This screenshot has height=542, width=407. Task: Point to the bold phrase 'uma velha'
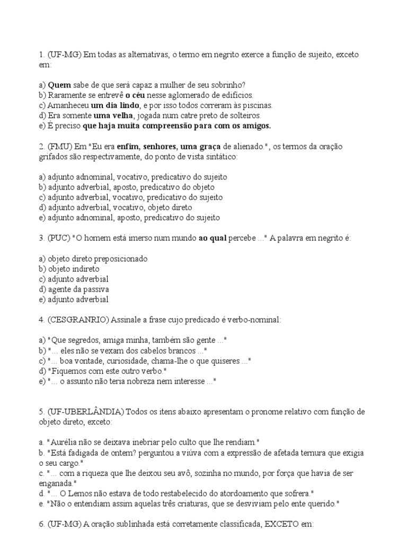113,115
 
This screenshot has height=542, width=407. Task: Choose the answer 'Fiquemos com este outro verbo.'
100,372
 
